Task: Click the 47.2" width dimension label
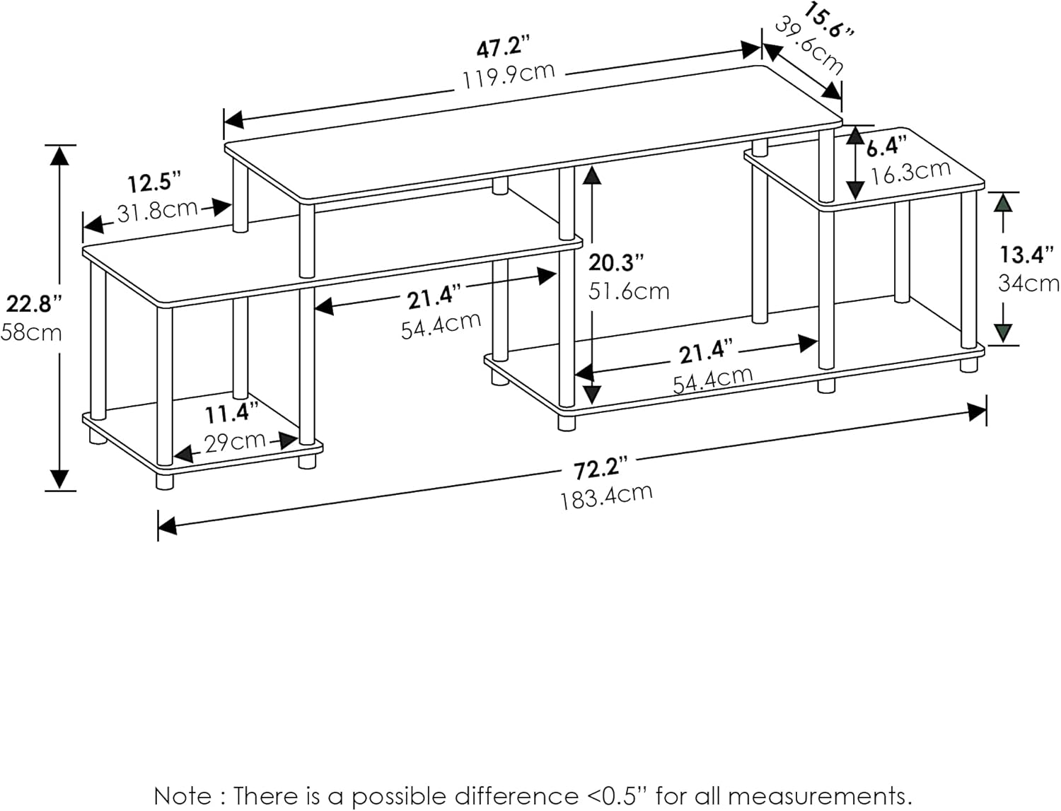point(503,49)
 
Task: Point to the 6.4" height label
point(886,147)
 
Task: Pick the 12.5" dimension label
point(150,184)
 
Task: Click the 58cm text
point(31,332)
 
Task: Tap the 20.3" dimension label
point(616,263)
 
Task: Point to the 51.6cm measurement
point(629,291)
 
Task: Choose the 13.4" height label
point(1027,254)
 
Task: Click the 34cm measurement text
point(1028,284)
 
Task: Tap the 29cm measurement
point(235,442)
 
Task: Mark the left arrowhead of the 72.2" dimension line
point(167,526)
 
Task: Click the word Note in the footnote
point(182,795)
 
